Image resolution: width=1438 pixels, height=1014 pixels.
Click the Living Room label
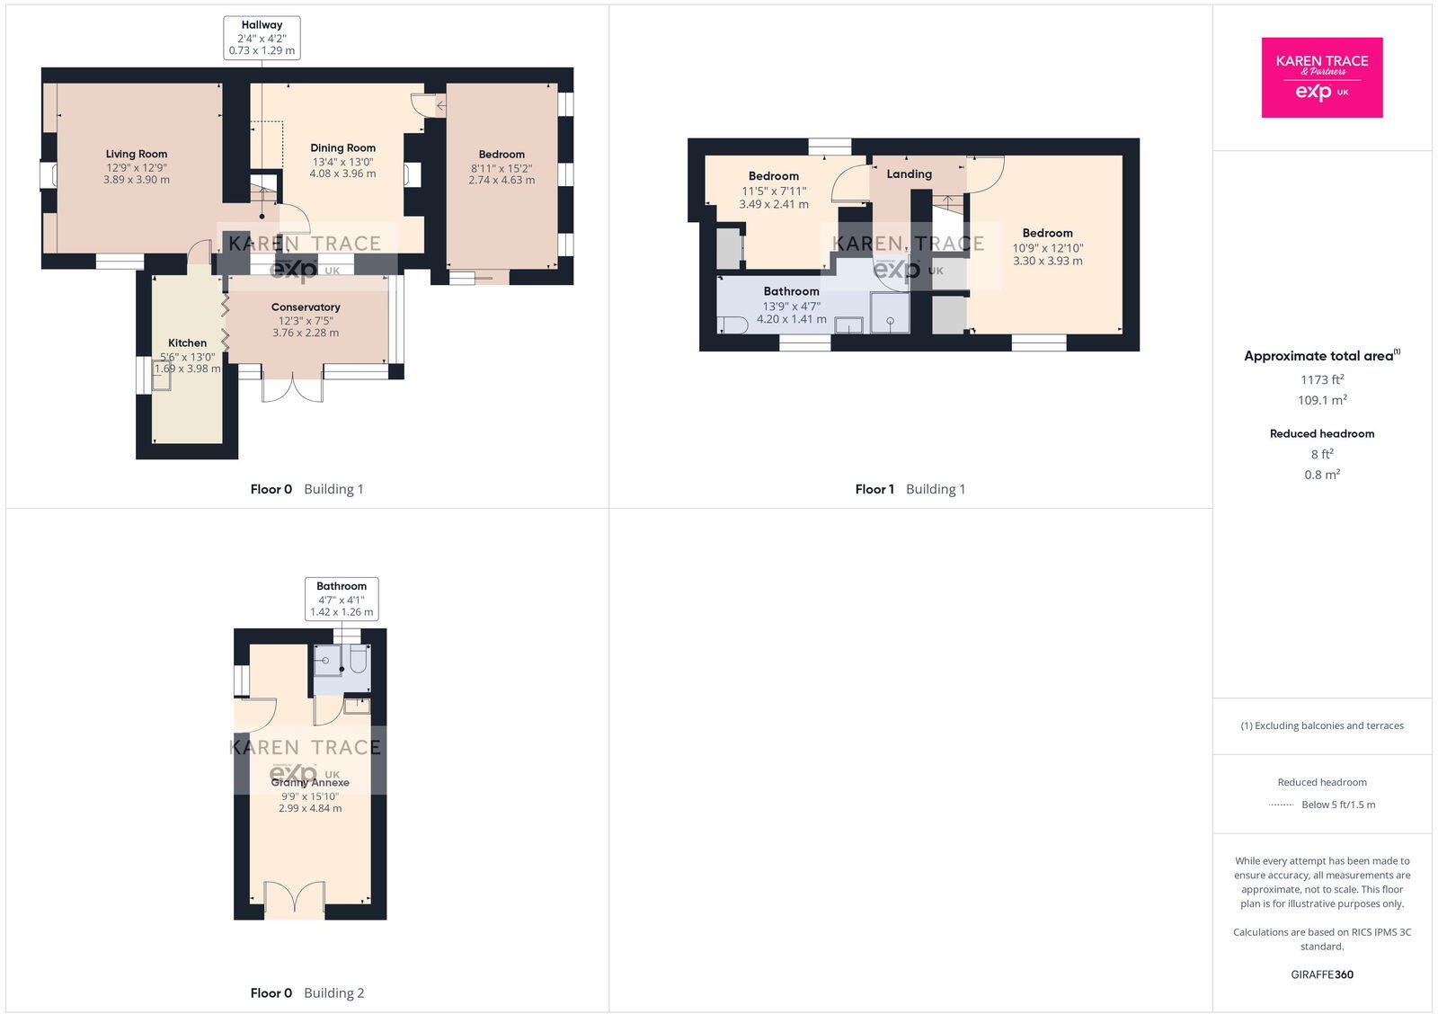point(137,154)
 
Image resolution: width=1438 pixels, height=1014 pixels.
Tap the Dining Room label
point(342,148)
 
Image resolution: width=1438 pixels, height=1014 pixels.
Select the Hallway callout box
point(262,38)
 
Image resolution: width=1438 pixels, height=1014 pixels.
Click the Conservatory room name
point(306,307)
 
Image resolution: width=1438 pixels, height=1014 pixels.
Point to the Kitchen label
point(187,343)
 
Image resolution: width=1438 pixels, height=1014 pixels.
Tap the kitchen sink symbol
point(162,379)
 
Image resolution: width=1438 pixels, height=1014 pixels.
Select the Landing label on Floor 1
point(909,174)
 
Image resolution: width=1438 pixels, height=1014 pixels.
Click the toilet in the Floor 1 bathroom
point(732,325)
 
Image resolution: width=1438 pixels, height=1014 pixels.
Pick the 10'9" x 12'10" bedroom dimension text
point(1047,248)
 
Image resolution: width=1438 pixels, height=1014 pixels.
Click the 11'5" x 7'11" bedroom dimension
point(773,191)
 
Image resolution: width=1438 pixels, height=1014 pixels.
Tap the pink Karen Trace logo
point(1321,77)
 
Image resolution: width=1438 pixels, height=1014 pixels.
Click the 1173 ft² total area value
point(1321,380)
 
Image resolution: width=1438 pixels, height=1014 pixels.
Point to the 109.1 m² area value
point(1321,401)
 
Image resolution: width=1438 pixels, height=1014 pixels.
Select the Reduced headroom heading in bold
point(1321,434)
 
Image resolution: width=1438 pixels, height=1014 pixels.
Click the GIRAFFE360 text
point(1321,974)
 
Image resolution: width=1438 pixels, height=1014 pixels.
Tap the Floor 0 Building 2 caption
point(306,993)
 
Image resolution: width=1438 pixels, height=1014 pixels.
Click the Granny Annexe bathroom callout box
point(342,599)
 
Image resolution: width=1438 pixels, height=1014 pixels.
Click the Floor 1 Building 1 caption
point(910,490)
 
